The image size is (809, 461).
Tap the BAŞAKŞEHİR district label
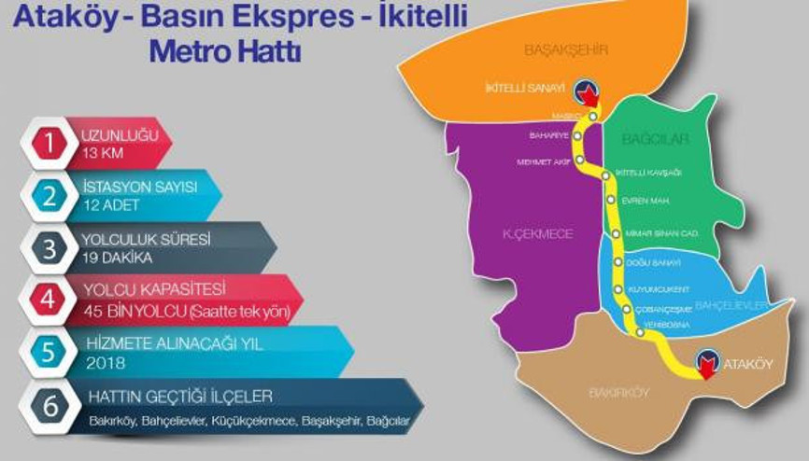click(x=561, y=49)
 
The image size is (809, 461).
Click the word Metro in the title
click(x=197, y=52)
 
